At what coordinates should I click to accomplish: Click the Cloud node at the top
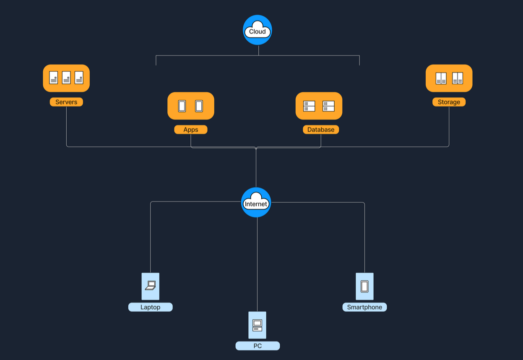tap(258, 30)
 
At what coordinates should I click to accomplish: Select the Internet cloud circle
tap(256, 202)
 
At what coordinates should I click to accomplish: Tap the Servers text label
tap(66, 102)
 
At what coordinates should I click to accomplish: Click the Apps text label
tap(191, 130)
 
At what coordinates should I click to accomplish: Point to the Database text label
tap(321, 130)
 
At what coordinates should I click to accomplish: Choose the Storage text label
tap(449, 102)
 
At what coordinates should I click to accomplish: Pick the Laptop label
tap(150, 307)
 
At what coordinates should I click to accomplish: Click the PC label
tap(258, 346)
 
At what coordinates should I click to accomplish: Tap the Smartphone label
tap(364, 307)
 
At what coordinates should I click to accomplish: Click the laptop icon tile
tap(151, 286)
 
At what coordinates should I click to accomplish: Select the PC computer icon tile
tap(257, 325)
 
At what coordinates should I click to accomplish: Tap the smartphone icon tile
tap(364, 286)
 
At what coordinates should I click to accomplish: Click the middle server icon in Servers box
tap(66, 78)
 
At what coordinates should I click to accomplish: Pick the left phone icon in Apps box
tap(182, 106)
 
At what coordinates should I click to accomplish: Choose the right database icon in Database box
tap(328, 106)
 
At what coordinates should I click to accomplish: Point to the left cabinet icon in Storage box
tap(441, 78)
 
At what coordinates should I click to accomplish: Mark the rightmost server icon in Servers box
tap(79, 78)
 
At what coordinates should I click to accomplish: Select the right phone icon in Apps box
tap(199, 106)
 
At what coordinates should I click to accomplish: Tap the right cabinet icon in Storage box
tap(457, 78)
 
